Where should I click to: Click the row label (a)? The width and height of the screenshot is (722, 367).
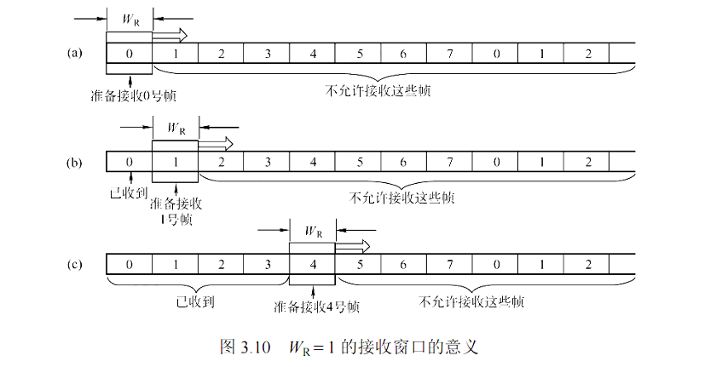pos(74,53)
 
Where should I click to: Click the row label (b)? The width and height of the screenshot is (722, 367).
pos(74,159)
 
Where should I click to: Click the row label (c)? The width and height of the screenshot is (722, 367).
pos(74,264)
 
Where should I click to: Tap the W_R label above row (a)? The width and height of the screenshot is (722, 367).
pos(130,18)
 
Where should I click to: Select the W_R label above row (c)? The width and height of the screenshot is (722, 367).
pos(313,230)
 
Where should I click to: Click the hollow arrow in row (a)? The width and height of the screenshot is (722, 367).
pos(169,35)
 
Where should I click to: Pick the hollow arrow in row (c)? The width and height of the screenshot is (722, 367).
pos(354,246)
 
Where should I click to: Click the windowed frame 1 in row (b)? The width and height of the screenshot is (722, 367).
pos(175,160)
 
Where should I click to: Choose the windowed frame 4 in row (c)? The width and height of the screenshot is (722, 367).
pos(314,265)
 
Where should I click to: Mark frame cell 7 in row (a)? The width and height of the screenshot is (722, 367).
pos(451,54)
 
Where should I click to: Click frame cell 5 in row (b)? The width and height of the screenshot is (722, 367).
pos(359,160)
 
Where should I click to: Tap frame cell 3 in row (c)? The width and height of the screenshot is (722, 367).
pos(267,265)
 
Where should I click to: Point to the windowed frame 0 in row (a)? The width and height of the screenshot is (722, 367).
pos(129,54)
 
